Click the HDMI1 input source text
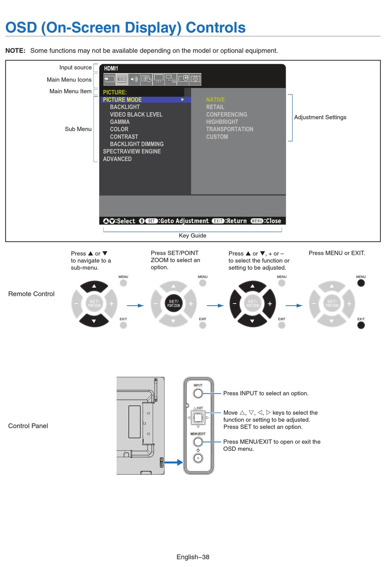(x=111, y=69)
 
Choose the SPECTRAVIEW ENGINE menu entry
(x=132, y=151)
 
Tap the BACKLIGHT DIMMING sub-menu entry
(x=137, y=144)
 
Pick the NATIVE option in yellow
(x=215, y=99)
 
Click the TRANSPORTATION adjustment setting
(x=230, y=129)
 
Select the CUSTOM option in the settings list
(x=217, y=137)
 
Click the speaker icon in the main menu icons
(x=134, y=79)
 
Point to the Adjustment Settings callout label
(x=320, y=117)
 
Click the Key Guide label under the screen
(x=193, y=235)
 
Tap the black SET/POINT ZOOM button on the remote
(x=173, y=304)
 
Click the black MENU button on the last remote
(x=361, y=283)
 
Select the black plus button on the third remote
(x=270, y=304)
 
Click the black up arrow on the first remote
(x=94, y=286)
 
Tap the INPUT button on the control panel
(x=198, y=393)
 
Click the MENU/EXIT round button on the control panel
(x=198, y=442)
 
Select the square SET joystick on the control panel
(x=198, y=418)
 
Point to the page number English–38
(x=193, y=557)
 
